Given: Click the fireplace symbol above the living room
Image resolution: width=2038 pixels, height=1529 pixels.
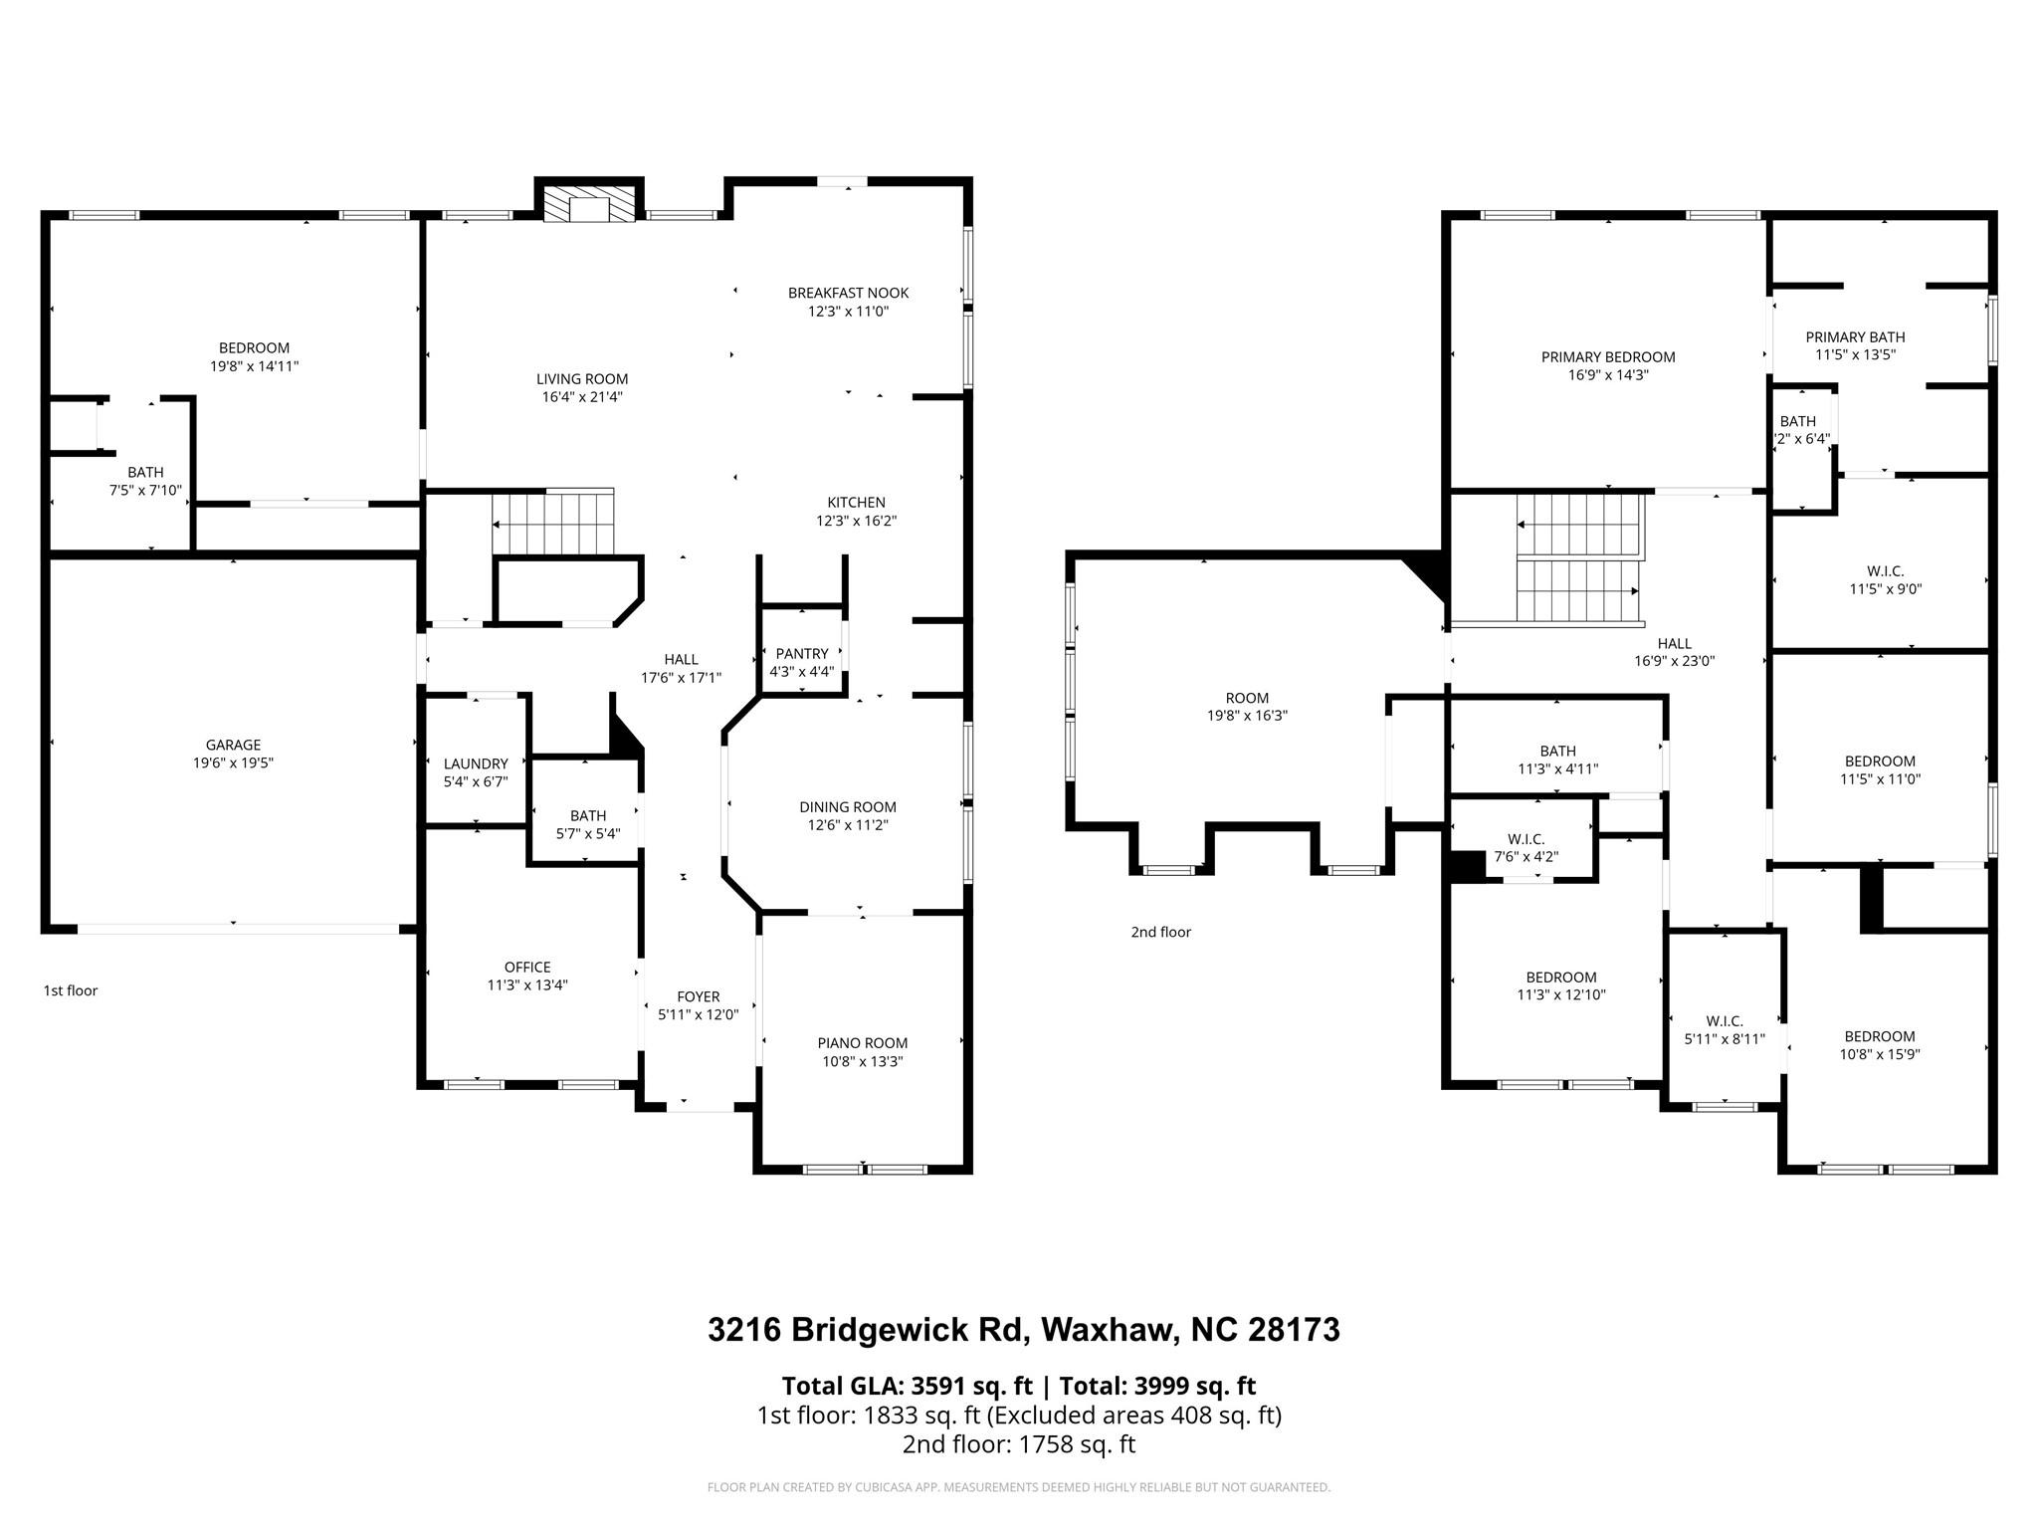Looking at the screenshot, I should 590,205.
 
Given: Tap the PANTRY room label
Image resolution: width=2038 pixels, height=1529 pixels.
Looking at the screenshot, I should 802,654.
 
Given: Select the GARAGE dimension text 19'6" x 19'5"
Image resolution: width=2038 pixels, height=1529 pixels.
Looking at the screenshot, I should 233,764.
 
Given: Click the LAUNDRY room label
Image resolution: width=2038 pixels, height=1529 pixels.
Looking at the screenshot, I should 476,764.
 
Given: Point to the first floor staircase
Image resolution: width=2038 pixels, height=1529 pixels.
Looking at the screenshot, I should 553,523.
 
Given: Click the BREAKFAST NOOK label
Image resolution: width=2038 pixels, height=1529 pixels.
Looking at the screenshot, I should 848,293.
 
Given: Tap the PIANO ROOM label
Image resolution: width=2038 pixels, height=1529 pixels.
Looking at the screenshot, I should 863,1043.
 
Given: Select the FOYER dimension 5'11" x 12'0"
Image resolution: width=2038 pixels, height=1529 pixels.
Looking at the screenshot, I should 698,1015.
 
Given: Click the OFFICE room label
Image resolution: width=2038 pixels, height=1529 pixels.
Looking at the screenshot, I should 527,967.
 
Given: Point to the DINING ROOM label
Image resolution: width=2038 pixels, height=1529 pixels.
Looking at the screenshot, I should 848,807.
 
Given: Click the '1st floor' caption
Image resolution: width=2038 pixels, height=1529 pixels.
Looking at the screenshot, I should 71,990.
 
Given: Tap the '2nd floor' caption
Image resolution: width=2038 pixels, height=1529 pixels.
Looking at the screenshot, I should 1160,932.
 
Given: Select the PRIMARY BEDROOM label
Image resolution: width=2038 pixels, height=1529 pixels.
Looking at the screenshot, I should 1608,357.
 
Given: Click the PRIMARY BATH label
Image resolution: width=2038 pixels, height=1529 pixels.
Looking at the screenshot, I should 1855,337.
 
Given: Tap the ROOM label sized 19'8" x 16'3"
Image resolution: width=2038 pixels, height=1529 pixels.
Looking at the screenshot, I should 1247,698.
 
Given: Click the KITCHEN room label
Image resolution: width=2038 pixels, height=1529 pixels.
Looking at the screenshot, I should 856,503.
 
